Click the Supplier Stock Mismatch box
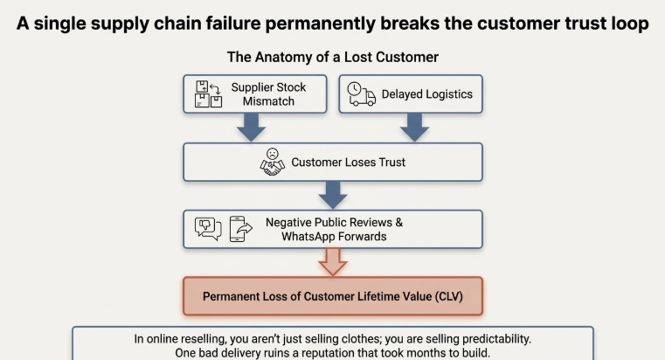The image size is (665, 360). point(254,94)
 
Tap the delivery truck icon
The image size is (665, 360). point(362,94)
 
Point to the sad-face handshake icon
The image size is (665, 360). point(273,162)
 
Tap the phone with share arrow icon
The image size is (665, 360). point(238,229)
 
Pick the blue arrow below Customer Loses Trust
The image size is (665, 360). point(333,195)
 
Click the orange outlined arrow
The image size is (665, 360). point(333,261)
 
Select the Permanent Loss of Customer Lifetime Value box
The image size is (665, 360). point(332,296)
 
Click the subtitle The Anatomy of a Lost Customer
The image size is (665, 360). point(332,57)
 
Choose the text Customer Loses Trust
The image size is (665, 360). point(348,162)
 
